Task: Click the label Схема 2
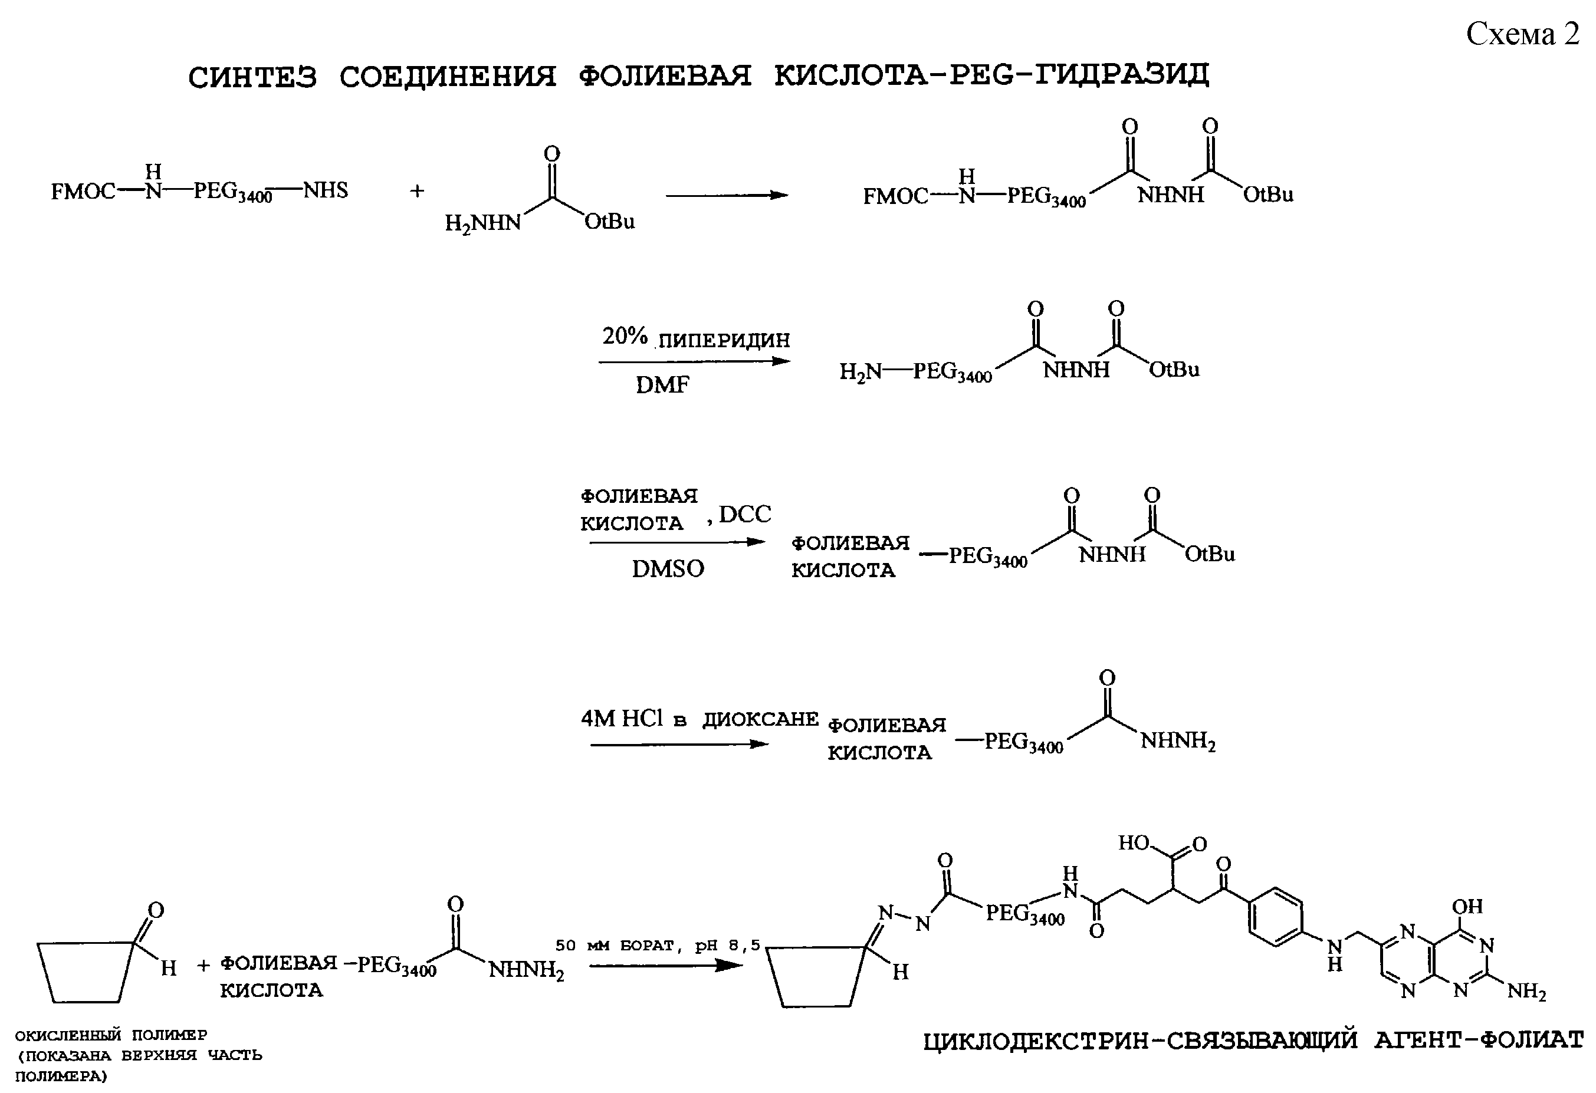(1522, 34)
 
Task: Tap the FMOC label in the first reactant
(83, 192)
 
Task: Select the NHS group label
(326, 190)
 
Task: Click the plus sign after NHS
(417, 191)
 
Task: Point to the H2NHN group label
(483, 223)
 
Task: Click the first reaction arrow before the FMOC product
(727, 196)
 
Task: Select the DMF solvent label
(662, 385)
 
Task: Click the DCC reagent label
(745, 513)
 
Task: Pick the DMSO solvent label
(668, 569)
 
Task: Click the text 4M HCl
(622, 719)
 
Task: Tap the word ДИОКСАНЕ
(760, 719)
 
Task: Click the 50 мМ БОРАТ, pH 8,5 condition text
(658, 946)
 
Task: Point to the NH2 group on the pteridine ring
(1526, 992)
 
